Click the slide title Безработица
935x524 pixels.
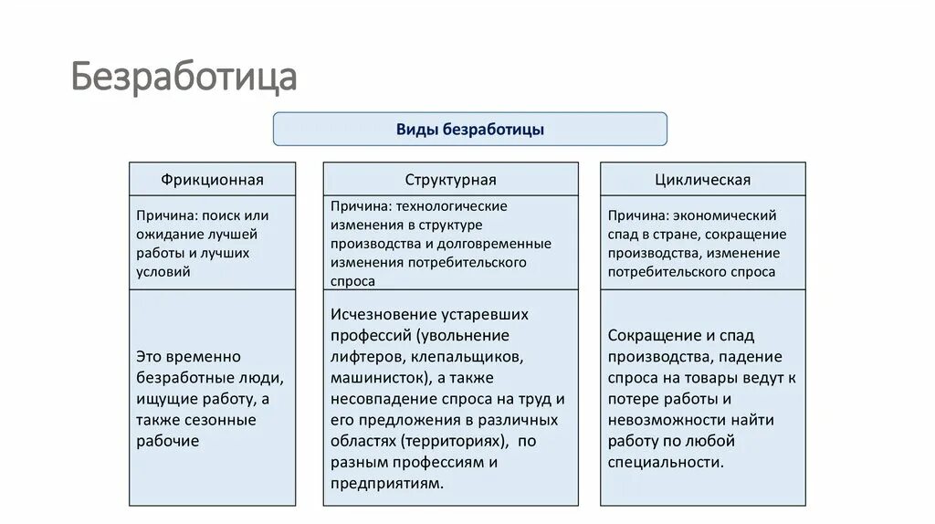(x=184, y=78)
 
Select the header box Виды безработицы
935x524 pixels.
(x=469, y=130)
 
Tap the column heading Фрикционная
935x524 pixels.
(x=212, y=180)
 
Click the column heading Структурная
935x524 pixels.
(x=450, y=180)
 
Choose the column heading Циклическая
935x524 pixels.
(x=702, y=180)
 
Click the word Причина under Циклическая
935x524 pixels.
(x=636, y=215)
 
